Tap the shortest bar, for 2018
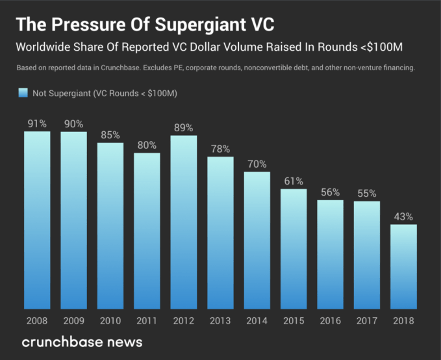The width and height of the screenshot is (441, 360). click(x=404, y=266)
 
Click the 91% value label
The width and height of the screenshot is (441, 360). click(x=37, y=123)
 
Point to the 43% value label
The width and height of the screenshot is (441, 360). click(x=404, y=216)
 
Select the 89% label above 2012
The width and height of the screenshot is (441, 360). click(x=184, y=127)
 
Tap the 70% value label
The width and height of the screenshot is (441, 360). click(x=257, y=164)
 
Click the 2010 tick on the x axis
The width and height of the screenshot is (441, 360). click(x=110, y=320)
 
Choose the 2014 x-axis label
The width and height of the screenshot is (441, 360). click(x=257, y=320)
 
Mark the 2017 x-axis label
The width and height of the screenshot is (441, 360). click(x=367, y=320)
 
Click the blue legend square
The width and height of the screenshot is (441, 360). click(x=23, y=94)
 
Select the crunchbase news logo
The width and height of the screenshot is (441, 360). click(x=82, y=342)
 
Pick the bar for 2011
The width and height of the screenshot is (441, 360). click(x=147, y=231)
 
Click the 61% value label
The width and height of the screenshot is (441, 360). click(x=294, y=181)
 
